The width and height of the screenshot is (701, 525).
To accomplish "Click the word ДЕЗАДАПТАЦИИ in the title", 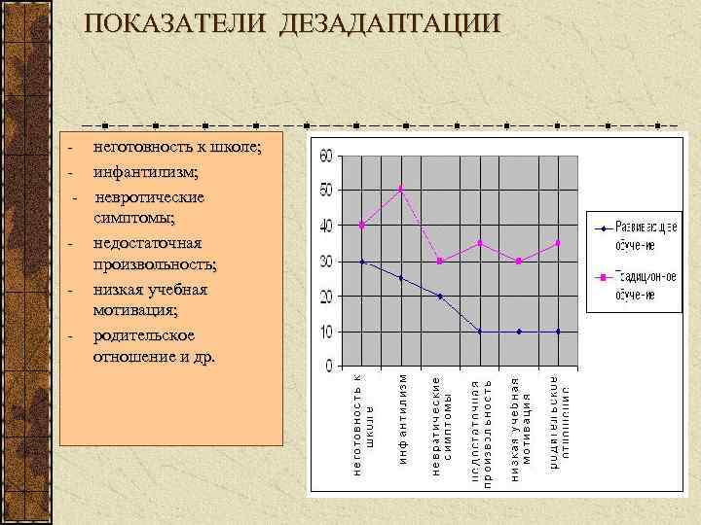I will [390, 23].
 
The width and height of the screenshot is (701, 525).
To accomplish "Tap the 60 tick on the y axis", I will [327, 156].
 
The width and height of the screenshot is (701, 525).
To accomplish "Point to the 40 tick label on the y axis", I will [327, 226].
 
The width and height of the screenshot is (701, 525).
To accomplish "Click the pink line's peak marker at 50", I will [401, 190].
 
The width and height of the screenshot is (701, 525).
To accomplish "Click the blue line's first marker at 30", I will [362, 261].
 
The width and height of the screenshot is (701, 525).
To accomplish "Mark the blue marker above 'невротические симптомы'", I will [440, 297].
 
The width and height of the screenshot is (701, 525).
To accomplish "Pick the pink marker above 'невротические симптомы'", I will [440, 261].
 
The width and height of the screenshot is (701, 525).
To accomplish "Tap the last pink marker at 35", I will [558, 243].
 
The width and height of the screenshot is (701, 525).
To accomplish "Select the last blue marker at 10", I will [558, 332].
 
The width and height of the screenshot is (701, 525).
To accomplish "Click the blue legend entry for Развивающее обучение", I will [639, 233].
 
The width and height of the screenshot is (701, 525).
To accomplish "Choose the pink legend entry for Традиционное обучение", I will [639, 285].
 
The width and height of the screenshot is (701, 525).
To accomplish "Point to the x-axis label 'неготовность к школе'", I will [362, 423].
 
